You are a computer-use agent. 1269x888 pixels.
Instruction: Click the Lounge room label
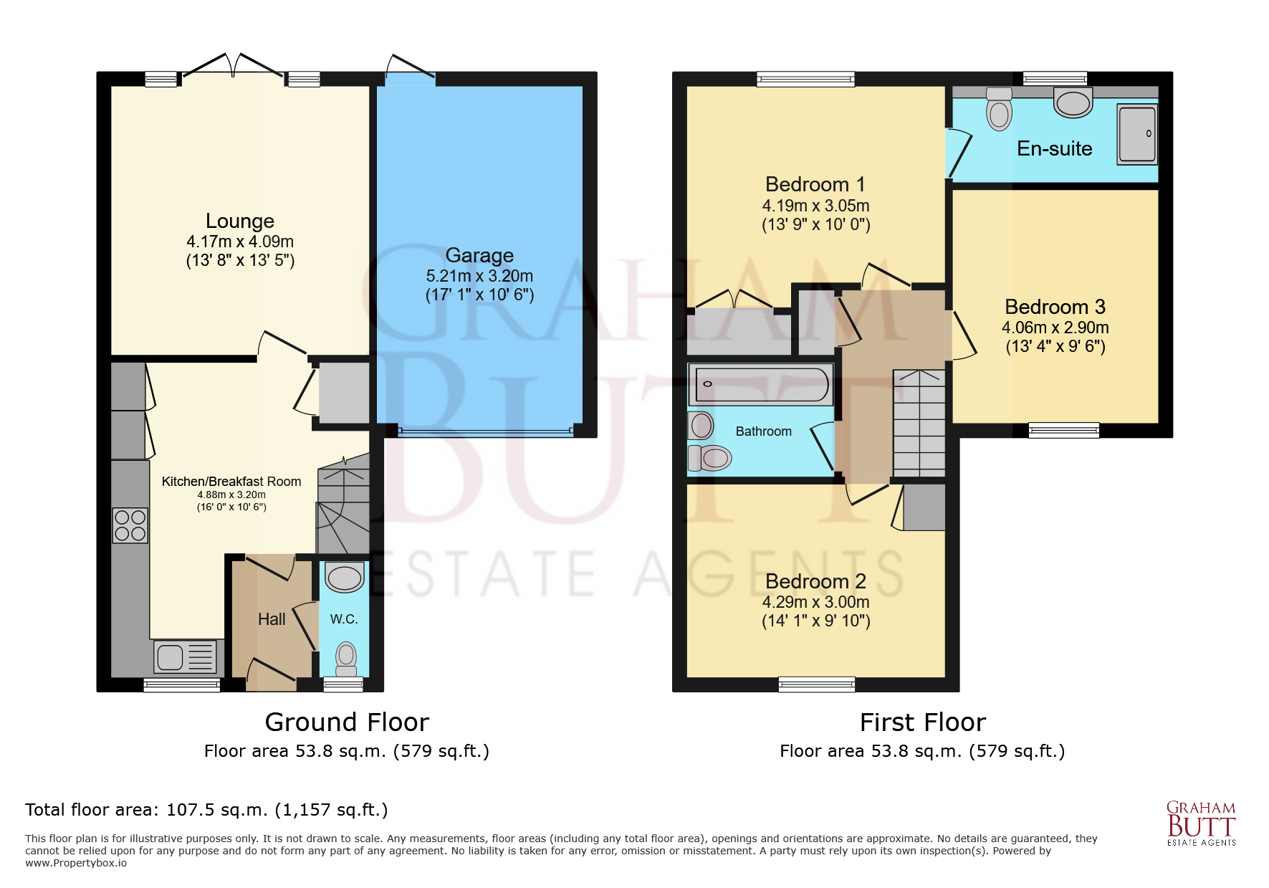pyautogui.click(x=240, y=221)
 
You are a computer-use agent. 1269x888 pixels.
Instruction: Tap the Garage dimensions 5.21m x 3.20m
pyautogui.click(x=479, y=276)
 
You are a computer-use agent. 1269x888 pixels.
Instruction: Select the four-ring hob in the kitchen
pyautogui.click(x=130, y=525)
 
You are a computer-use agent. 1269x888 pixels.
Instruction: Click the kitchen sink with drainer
pyautogui.click(x=186, y=657)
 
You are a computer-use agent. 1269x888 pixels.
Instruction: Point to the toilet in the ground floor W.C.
pyautogui.click(x=346, y=658)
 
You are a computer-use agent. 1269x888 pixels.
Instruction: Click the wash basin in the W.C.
pyautogui.click(x=345, y=577)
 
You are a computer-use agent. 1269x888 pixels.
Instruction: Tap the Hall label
pyautogui.click(x=272, y=619)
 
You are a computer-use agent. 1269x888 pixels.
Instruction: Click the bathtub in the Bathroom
pyautogui.click(x=760, y=385)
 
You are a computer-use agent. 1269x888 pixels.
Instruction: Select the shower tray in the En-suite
pyautogui.click(x=1137, y=134)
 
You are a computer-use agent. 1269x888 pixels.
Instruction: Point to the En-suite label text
pyautogui.click(x=1054, y=149)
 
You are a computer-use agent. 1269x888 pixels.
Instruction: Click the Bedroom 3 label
pyautogui.click(x=1055, y=307)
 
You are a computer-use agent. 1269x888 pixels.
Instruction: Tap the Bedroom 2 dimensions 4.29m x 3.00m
pyautogui.click(x=815, y=602)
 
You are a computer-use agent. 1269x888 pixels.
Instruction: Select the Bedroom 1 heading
pyautogui.click(x=815, y=185)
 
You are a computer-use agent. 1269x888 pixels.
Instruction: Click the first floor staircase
pyautogui.click(x=919, y=423)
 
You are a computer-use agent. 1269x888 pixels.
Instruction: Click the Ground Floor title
pyautogui.click(x=347, y=722)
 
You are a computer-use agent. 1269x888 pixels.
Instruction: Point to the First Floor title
pyautogui.click(x=922, y=722)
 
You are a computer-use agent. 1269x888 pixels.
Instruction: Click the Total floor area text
pyautogui.click(x=206, y=810)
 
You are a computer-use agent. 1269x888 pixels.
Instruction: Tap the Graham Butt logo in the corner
pyautogui.click(x=1201, y=823)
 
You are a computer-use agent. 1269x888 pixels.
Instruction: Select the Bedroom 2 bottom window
pyautogui.click(x=816, y=684)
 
